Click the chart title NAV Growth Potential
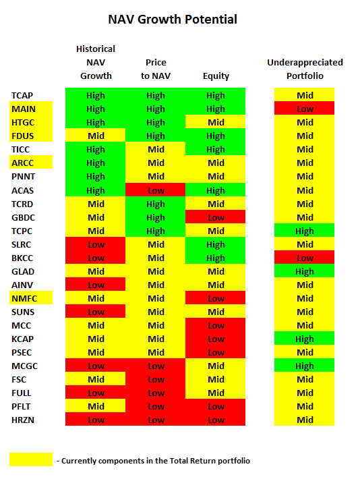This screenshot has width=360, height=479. point(173,20)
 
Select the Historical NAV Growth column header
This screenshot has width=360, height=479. point(96,62)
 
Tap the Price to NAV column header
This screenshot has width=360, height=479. point(156,69)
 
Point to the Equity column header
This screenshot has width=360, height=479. point(216,76)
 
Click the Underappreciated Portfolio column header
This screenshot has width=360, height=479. point(305,69)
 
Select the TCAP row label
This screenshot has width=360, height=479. point(22,96)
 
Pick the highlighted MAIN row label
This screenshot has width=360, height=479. point(31,109)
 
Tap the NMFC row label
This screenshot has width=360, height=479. point(31,298)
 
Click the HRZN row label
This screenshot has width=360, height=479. point(23,420)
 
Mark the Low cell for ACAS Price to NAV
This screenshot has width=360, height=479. point(156,190)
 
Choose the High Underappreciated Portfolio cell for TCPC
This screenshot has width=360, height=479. point(304,230)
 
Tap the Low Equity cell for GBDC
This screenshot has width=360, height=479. point(215,217)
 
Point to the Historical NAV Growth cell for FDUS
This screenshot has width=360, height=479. point(95,135)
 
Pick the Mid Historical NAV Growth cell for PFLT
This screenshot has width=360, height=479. point(95,405)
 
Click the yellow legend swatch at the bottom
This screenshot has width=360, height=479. point(31,459)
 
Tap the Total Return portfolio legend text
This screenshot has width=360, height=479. point(153,461)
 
